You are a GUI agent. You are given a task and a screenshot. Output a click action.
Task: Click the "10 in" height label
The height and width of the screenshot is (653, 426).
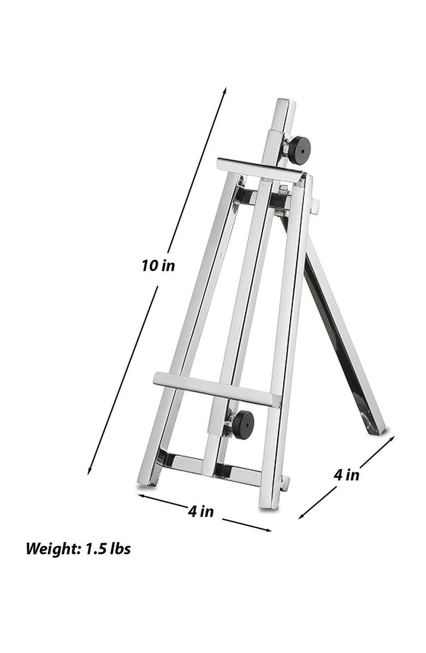click(x=158, y=266)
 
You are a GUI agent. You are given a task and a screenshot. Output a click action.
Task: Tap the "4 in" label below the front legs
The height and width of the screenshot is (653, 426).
click(x=200, y=512)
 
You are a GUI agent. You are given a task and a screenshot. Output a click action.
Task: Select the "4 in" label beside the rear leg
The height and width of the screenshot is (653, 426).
click(x=346, y=474)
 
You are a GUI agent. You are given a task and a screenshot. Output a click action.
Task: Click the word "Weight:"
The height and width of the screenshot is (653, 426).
click(x=52, y=548)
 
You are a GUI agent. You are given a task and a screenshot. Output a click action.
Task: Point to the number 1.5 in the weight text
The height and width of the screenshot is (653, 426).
click(x=95, y=548)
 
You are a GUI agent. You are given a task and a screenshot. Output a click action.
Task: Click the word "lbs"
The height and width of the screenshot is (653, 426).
click(x=120, y=548)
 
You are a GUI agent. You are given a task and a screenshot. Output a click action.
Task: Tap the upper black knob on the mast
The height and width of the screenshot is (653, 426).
click(x=299, y=150)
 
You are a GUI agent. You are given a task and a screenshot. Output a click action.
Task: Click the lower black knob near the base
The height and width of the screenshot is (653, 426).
click(x=242, y=424)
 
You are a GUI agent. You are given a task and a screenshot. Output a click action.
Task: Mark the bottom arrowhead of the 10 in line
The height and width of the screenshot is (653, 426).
click(x=90, y=472)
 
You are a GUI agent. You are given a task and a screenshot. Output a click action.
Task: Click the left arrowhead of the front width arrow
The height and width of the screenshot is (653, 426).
click(x=140, y=496)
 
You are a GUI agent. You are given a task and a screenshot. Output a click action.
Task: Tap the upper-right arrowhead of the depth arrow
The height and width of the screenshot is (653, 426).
click(x=392, y=437)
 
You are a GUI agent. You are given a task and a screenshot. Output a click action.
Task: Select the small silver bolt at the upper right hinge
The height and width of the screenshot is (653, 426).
click(x=315, y=206)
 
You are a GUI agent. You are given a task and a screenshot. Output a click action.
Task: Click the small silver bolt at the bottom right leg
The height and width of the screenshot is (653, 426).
click(x=285, y=482)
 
